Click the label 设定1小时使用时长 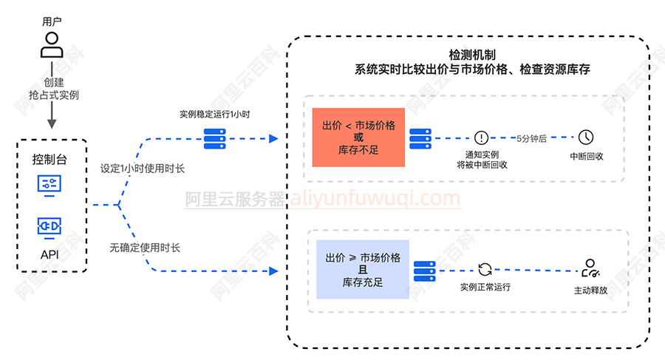click(143, 169)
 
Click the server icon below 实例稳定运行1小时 click(215, 137)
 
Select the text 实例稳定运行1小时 click(215, 115)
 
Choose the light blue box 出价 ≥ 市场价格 click(363, 269)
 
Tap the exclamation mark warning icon click(482, 137)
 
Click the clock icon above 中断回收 click(586, 137)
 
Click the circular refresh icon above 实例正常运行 click(485, 269)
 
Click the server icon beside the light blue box click(425, 270)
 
